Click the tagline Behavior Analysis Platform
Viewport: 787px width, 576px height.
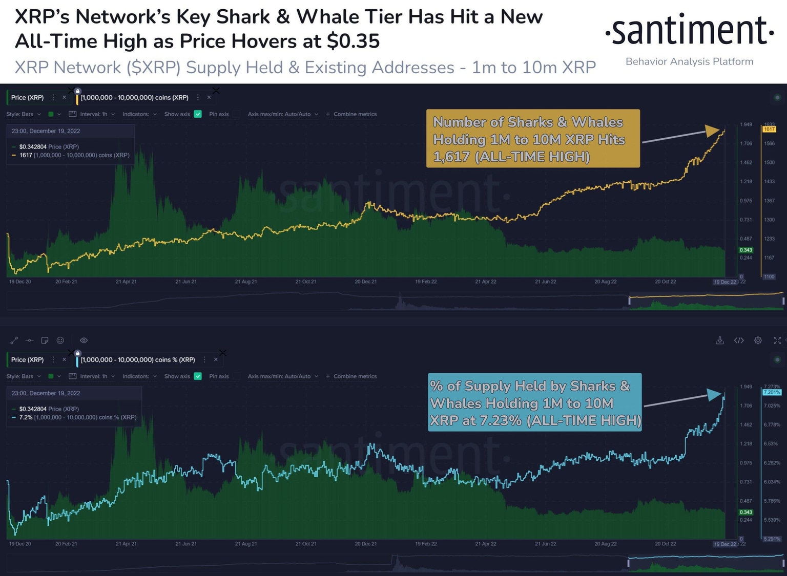689,61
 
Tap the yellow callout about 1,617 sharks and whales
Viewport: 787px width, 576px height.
533,139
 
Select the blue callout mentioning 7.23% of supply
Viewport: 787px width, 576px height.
534,402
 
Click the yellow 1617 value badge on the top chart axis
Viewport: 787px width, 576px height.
769,129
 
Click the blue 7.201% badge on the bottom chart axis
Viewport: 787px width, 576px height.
772,392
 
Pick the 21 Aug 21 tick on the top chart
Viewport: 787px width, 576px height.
246,282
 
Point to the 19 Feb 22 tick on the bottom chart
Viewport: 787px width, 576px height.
426,544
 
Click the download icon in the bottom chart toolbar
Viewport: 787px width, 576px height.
720,340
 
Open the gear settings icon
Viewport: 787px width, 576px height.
758,340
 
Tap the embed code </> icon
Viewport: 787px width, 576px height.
739,340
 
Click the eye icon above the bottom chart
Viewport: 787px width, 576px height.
84,340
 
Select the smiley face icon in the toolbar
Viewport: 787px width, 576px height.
60,340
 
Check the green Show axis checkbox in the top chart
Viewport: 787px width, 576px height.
198,114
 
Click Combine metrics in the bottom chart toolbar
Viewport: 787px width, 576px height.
355,376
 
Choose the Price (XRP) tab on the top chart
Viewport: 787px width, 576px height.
28,97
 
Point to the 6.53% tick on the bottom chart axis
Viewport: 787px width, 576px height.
771,443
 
